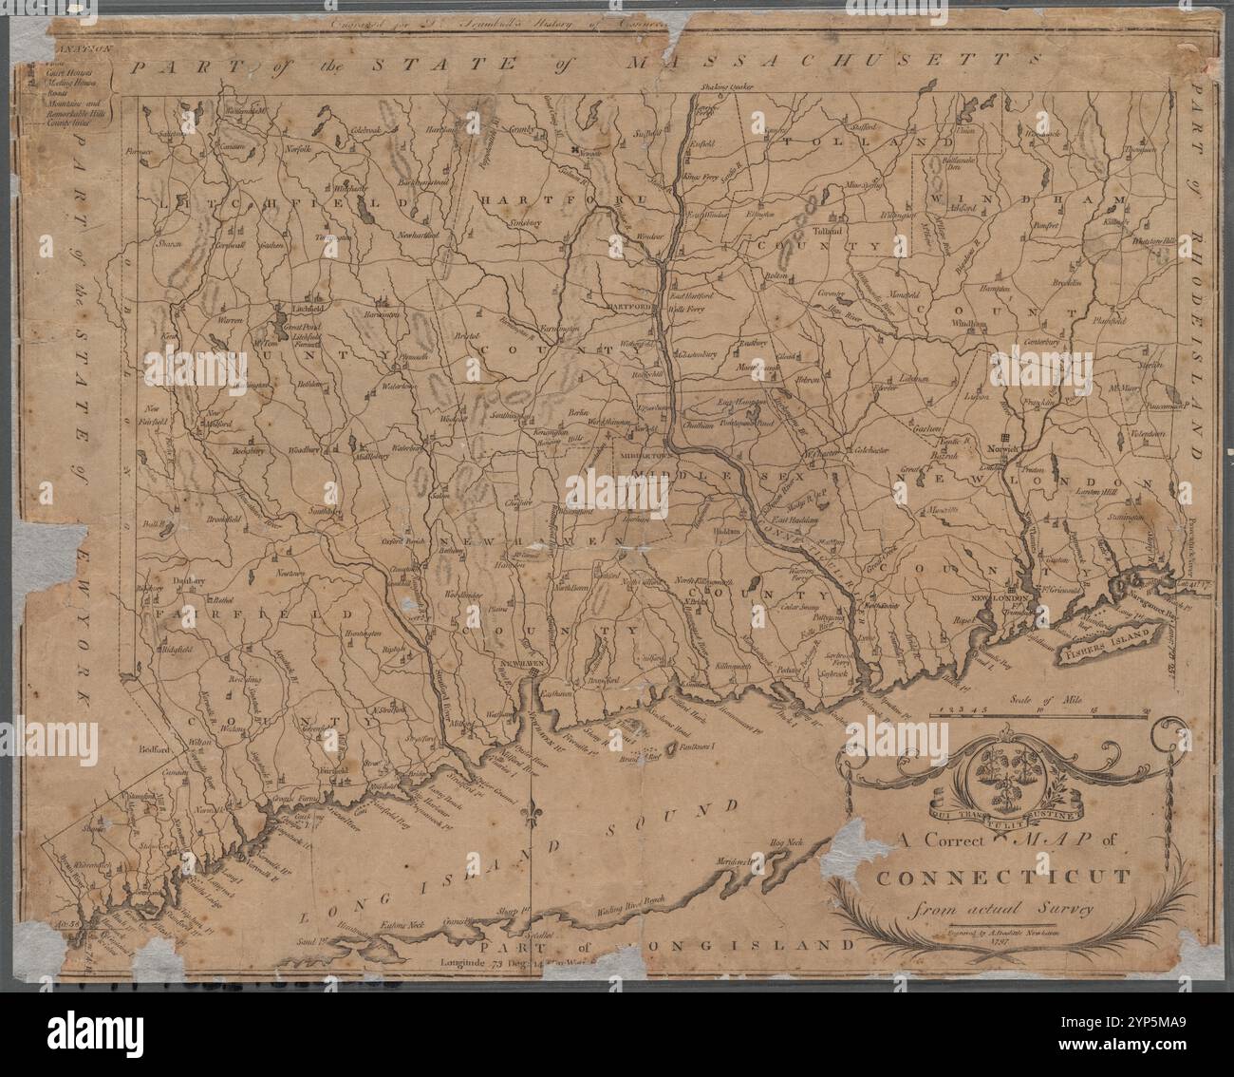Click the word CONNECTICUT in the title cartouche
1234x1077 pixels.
point(1002,875)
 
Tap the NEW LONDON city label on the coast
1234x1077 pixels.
point(997,600)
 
